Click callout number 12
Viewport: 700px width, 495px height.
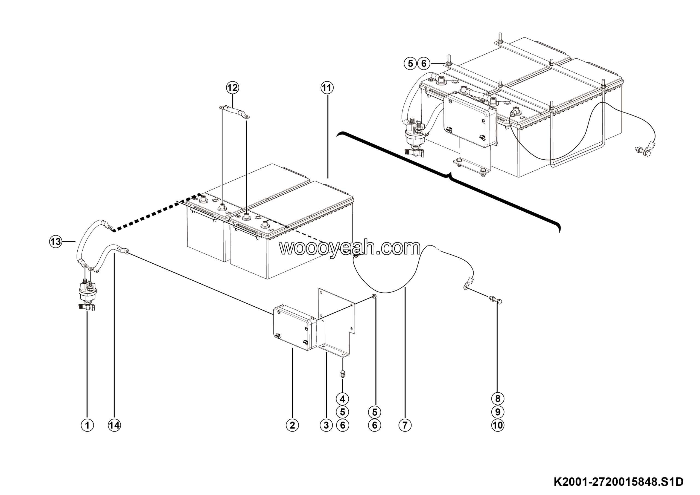coord(232,88)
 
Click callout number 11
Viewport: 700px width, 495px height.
coord(327,88)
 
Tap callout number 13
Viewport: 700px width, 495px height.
coord(56,242)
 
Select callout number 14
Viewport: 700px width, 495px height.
coord(114,425)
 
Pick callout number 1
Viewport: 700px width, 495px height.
coord(87,425)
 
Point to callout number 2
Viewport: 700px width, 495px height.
coord(292,425)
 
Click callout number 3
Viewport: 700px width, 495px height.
coord(326,425)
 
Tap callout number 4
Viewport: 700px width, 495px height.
coord(342,399)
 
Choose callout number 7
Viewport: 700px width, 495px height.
coord(405,425)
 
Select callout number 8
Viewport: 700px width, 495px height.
coord(498,399)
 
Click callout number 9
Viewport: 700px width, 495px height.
coord(498,412)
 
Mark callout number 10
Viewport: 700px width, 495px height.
coord(498,425)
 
